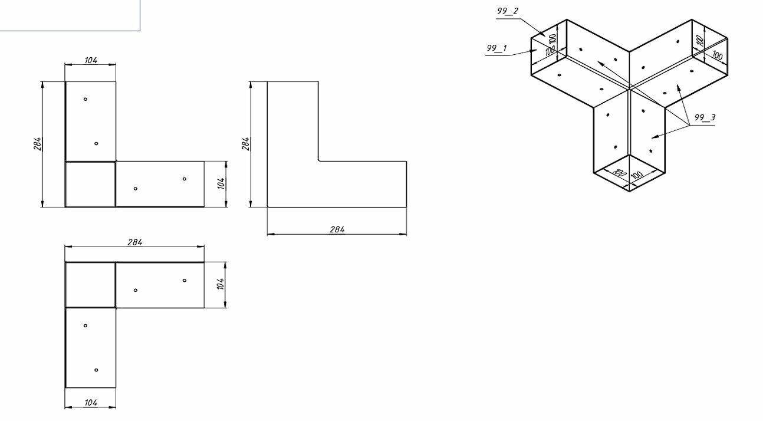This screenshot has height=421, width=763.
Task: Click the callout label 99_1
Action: tap(496, 48)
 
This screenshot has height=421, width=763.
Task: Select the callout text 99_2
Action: tap(507, 11)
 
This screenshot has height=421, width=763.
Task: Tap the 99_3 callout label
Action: tap(704, 117)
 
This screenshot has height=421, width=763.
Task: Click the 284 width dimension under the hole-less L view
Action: tap(337, 229)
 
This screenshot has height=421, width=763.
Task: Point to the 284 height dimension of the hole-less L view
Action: tap(246, 144)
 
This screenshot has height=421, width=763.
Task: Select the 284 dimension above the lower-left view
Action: tap(134, 242)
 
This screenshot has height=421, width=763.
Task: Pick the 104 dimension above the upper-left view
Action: tap(91, 60)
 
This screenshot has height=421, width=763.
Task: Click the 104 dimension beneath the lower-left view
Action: tap(91, 402)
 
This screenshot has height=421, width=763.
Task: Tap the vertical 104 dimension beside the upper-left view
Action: tap(221, 183)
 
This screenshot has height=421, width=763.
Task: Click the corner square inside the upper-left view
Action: tap(90, 184)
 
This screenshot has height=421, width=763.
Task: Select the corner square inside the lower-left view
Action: tap(90, 285)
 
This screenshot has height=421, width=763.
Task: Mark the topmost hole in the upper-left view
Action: tap(85, 99)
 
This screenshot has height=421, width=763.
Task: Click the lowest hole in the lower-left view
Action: tap(96, 370)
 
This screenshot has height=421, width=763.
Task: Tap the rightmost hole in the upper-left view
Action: tap(185, 179)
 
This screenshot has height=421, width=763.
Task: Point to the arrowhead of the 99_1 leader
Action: tap(535, 51)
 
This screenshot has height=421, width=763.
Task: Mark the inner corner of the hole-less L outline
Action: tap(318, 161)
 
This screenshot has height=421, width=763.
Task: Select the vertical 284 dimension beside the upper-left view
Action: tap(37, 144)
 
